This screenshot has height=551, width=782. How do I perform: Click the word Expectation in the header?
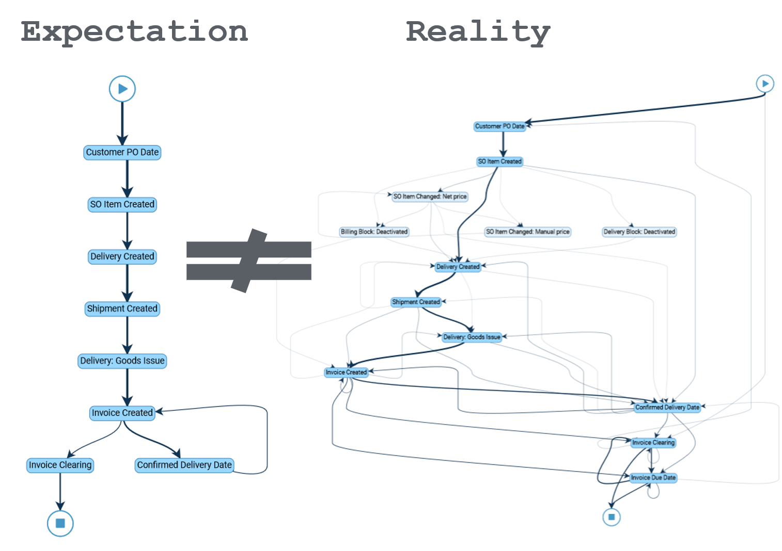point(134,32)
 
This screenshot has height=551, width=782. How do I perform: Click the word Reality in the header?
point(478,32)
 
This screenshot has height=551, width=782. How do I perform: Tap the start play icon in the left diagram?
point(122,89)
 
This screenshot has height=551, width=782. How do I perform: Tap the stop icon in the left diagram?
point(60,523)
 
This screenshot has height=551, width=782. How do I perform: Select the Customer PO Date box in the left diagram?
point(122,152)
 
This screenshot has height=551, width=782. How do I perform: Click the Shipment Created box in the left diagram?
point(122,309)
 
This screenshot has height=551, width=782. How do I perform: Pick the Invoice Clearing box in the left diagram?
point(60,465)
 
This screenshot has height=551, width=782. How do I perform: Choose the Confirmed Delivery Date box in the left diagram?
point(184,465)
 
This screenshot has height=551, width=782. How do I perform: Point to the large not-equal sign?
point(249,261)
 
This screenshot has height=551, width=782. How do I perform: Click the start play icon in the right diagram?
point(765,84)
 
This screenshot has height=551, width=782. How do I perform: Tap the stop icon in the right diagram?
point(612,517)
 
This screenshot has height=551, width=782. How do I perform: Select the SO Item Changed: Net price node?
point(430,197)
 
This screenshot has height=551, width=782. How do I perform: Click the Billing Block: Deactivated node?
point(374,232)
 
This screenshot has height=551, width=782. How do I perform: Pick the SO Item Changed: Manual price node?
point(527,232)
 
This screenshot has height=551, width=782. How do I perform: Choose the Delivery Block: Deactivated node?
point(639,232)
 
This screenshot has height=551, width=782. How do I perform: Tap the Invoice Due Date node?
point(653,478)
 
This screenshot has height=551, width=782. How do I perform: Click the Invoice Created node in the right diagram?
point(346,372)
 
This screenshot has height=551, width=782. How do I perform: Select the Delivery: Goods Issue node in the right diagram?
point(472,337)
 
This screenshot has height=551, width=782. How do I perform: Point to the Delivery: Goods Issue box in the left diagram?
point(122,361)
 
